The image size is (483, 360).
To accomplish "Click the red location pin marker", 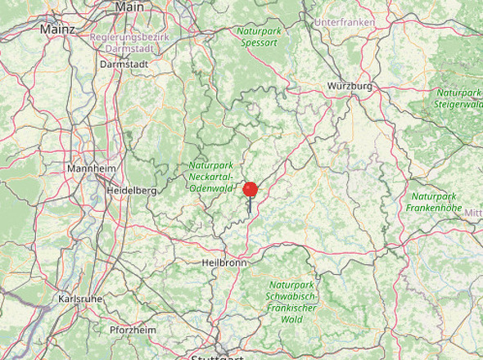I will point(251,190).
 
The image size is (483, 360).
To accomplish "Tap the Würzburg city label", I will point(350,86).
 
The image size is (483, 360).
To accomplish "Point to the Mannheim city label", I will point(91,169).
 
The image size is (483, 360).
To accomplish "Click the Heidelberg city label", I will point(131,190).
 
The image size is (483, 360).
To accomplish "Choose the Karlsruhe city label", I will point(80,299).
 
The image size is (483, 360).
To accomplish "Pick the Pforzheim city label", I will point(133,330).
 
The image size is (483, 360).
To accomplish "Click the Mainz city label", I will point(57,29).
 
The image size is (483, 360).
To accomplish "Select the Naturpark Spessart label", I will point(260,36).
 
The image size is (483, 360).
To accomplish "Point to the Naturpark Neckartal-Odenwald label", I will point(211,176).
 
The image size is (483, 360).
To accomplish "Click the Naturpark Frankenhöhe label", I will point(433,202).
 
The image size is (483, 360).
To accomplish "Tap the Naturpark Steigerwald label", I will point(459,98).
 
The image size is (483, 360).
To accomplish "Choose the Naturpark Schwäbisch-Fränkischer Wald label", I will point(292,298).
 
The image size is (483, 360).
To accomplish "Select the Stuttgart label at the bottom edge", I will point(216,357).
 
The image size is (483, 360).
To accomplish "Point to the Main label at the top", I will point(129,7).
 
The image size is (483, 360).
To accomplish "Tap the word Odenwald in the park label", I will point(212,187).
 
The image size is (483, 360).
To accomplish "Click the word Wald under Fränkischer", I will point(292,321).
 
